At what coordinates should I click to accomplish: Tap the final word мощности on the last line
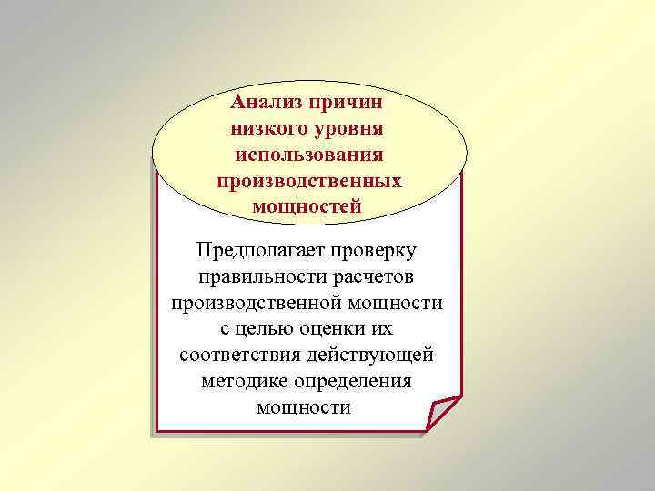click(x=304, y=407)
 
